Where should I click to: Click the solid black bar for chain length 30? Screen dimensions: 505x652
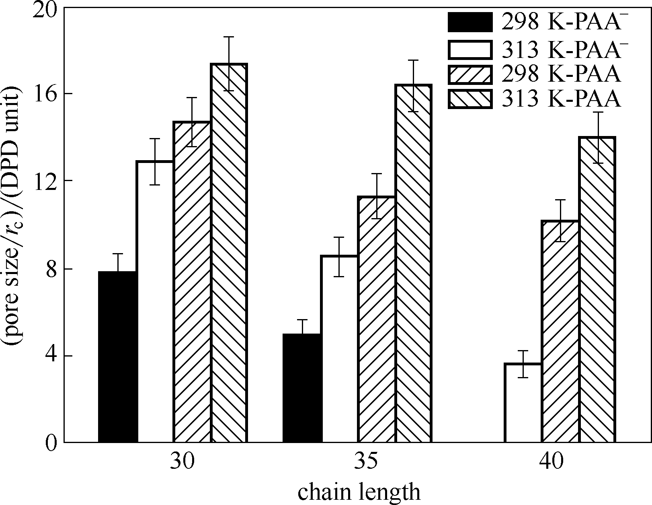point(118,357)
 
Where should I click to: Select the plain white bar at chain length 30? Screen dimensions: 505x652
point(155,302)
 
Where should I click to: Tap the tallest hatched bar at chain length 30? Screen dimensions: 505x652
point(229,254)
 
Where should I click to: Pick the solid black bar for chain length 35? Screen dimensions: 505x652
point(302,388)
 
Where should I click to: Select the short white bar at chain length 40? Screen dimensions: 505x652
point(524,403)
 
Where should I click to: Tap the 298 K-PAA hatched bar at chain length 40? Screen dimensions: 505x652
point(561,332)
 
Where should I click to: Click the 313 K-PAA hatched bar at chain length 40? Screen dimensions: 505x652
point(598,290)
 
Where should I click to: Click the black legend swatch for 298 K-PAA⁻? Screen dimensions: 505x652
point(470,23)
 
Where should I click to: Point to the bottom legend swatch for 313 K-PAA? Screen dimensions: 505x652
point(470,99)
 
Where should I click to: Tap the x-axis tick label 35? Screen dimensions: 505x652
point(366,462)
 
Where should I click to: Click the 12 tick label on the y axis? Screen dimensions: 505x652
point(45,181)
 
